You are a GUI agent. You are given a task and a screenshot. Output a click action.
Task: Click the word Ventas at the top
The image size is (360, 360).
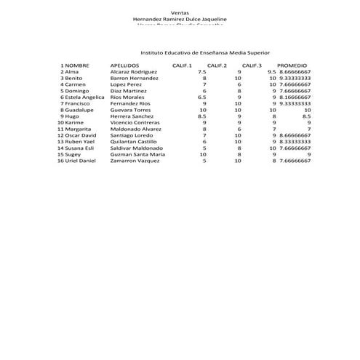[x=180, y=12]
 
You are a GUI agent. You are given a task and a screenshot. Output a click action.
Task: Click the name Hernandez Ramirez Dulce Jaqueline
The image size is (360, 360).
[x=180, y=19]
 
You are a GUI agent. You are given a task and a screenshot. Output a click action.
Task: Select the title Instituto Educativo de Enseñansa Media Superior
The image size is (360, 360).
[x=205, y=53]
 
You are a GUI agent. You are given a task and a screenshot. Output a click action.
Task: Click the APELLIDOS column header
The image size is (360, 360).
[x=124, y=65]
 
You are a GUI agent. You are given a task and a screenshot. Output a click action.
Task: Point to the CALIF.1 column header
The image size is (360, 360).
[x=182, y=65]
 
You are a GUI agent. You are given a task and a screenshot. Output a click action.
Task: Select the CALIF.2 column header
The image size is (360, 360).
[x=217, y=65]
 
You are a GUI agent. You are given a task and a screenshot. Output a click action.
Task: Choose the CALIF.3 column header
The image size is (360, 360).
[x=252, y=65]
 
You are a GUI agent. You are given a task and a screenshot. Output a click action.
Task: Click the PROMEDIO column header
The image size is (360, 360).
[x=292, y=65]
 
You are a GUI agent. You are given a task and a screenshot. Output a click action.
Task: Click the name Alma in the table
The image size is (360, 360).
[x=71, y=72]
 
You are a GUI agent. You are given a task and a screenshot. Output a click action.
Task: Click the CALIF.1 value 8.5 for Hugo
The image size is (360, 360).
[x=201, y=116]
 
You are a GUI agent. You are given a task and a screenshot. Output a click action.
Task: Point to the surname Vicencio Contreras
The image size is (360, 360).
[x=135, y=123]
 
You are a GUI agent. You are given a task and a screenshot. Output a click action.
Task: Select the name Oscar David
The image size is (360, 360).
[x=81, y=135]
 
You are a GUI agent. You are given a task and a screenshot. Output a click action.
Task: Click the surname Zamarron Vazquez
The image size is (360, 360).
[x=135, y=161]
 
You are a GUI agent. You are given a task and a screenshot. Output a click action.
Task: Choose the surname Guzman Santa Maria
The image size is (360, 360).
[x=137, y=154]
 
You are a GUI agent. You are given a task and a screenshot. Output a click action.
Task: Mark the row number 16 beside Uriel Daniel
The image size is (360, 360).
[x=60, y=161]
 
